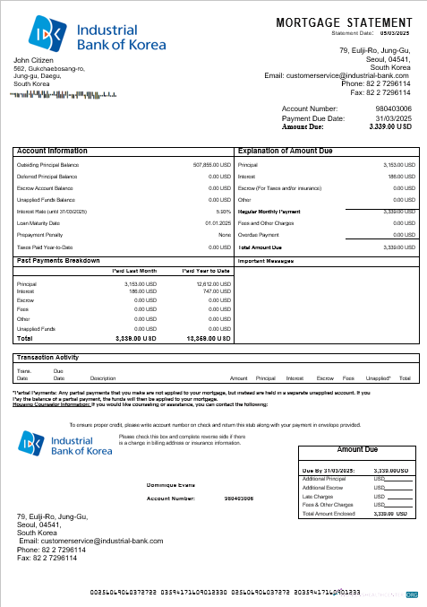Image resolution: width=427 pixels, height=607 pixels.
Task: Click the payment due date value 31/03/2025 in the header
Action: point(394,118)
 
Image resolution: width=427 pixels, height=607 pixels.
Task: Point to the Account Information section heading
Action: point(51,151)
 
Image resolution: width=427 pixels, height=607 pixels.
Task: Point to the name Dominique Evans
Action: point(170,485)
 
